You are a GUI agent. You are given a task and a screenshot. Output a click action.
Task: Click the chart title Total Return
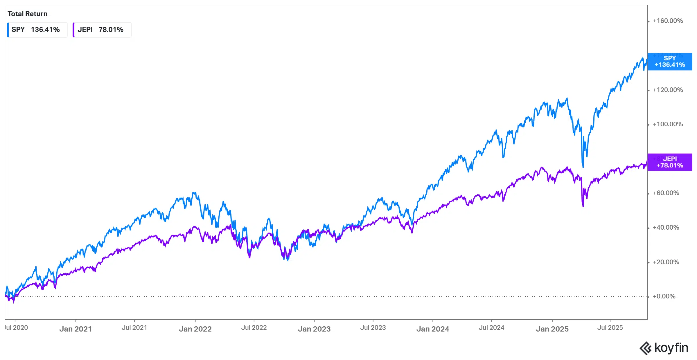(x=27, y=14)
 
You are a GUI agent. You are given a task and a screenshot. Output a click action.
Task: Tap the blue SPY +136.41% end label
(x=670, y=62)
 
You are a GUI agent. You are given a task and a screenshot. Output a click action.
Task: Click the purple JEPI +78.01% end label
(x=670, y=162)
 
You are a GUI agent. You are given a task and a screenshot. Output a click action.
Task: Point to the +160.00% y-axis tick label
(x=668, y=21)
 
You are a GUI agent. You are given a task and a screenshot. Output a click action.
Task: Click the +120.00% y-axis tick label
(x=668, y=90)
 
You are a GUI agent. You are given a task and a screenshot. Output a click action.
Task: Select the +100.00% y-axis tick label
(x=668, y=124)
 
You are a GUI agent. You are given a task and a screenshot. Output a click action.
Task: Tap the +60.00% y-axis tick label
(x=666, y=193)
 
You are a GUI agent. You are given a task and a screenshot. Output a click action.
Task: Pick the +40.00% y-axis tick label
(x=666, y=228)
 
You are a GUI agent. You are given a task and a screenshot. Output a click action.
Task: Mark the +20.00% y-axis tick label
(x=666, y=262)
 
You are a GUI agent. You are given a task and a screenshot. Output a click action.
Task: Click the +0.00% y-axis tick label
(x=664, y=296)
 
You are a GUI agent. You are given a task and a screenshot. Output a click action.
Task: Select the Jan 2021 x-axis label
(x=76, y=329)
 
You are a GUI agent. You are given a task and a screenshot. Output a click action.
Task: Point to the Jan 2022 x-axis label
(x=195, y=329)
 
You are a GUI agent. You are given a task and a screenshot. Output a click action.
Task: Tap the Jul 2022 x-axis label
(x=254, y=328)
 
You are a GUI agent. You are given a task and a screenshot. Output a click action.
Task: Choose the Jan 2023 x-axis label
(x=314, y=329)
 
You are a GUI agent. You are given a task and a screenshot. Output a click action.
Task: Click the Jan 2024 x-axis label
(x=433, y=329)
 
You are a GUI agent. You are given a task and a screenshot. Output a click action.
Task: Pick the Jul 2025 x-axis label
(x=610, y=328)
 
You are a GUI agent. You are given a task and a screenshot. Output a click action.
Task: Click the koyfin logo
(x=664, y=348)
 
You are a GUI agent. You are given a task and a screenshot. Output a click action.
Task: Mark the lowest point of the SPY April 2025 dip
(x=583, y=167)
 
